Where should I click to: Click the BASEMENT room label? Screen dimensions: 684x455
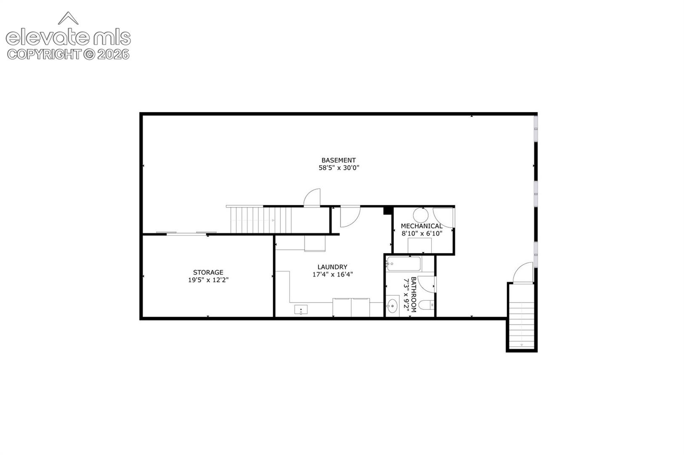338,160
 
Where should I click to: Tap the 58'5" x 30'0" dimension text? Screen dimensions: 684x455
339,168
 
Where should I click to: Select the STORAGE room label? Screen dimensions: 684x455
208,272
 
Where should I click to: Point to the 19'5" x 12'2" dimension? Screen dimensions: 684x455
208,280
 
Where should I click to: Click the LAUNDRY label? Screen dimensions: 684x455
332,267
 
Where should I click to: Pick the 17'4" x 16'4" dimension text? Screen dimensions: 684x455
332,274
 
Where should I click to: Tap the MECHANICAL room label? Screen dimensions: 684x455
421,226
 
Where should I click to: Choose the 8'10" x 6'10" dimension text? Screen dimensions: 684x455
422,234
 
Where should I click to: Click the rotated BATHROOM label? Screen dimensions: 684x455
413,294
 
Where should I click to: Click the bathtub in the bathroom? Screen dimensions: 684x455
404,264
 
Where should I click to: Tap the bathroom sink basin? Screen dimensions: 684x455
392,305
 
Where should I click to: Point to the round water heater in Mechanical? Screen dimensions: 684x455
421,215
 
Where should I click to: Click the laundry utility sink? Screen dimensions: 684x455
301,310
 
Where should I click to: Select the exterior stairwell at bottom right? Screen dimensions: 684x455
522,317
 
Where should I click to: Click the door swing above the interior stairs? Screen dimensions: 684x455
312,198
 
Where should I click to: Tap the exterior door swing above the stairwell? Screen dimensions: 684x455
523,273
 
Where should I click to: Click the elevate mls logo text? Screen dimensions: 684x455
68,37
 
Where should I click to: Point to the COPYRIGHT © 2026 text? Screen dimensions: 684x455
68,54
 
